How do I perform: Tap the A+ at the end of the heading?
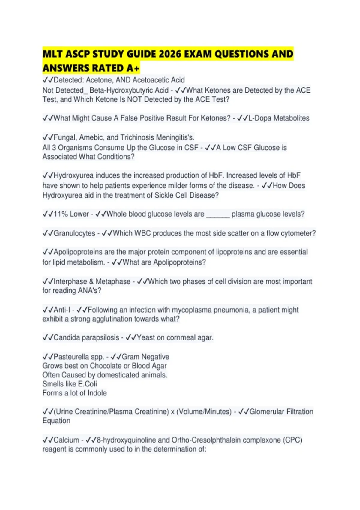click(133, 68)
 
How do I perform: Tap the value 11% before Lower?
click(61, 214)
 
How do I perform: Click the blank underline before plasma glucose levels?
click(218, 214)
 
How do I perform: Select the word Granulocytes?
click(74, 233)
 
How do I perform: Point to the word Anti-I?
click(62, 310)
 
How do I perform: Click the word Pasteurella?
click(71, 357)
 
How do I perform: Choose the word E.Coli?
click(88, 384)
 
